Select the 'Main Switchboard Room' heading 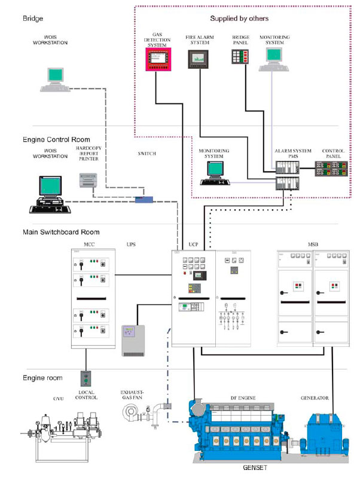point(53,232)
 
